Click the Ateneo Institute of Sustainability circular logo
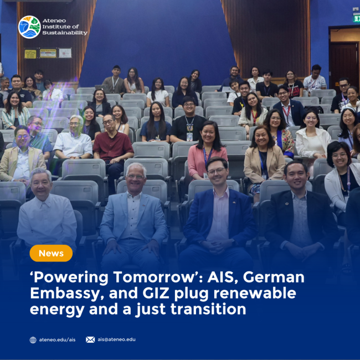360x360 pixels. [29, 27]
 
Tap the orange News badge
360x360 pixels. [51, 253]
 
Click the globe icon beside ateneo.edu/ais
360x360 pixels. [33, 340]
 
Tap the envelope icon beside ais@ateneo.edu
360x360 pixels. [90, 340]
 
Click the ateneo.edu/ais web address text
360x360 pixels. [57, 340]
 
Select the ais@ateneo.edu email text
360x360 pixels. [116, 340]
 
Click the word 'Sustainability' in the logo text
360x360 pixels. [65, 33]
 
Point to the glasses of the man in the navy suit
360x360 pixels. [217, 171]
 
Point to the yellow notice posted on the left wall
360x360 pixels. [30, 54]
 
